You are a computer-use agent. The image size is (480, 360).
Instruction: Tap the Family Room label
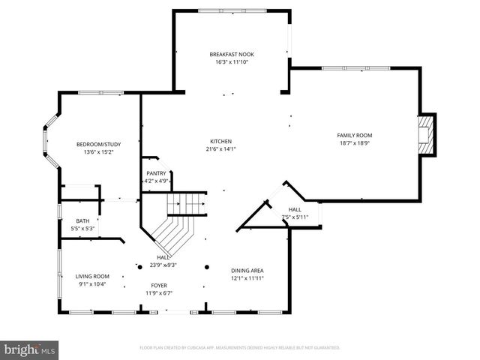[355, 134]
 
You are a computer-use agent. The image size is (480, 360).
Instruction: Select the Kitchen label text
[220, 141]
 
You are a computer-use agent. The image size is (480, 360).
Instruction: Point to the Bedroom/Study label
[97, 144]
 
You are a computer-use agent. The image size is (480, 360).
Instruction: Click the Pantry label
[156, 173]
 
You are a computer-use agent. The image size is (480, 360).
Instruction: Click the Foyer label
[159, 285]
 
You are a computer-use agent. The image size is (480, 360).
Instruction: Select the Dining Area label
[247, 270]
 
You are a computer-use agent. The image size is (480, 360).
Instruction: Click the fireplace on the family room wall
[425, 134]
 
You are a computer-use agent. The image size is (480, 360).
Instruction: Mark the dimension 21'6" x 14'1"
[220, 148]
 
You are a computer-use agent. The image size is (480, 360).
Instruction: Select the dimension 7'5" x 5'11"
[295, 217]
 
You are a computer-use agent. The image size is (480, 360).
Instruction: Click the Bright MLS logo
[30, 349]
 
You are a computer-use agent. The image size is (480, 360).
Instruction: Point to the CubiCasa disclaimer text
[240, 347]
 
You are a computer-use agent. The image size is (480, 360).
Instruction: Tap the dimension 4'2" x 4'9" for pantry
[157, 181]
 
